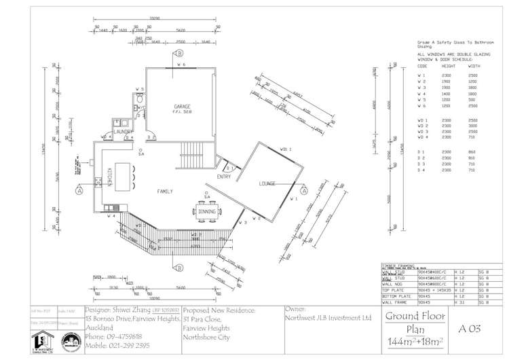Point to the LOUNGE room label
coord(267,184)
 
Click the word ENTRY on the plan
coord(223,177)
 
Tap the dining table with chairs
coord(208,212)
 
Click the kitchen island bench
coord(123,178)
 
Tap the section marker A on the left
coord(79,192)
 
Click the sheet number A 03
coord(470,329)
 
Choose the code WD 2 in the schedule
coord(422,126)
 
